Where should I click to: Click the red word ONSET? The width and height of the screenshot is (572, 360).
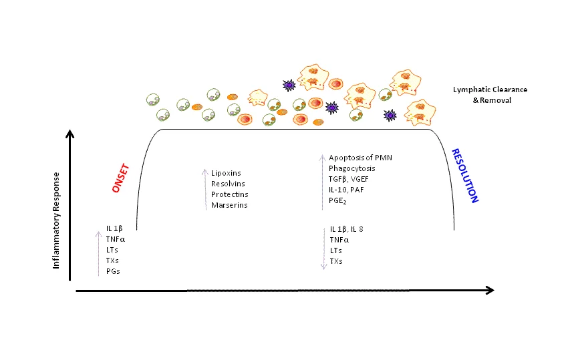coord(121,178)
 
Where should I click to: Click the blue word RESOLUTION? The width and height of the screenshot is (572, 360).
coord(465,176)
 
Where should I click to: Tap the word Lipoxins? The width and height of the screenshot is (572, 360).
coord(226,173)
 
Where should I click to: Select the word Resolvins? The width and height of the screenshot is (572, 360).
coord(228,184)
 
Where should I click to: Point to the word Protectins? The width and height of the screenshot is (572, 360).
coord(229,194)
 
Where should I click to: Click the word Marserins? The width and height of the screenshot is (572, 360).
coord(229,205)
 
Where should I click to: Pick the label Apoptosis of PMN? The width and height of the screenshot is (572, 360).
coord(360,158)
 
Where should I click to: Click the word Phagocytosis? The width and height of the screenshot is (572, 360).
coord(351,168)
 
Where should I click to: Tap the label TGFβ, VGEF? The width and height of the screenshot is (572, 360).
coord(348,179)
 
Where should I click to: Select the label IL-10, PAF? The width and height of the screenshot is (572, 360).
coord(346,190)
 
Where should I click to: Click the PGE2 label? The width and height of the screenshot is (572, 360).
coord(337,201)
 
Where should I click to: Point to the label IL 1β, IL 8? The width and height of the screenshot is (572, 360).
coord(347,229)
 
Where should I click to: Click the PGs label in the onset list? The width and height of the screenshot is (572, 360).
coord(113,271)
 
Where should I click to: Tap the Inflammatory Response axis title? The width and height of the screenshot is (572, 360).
coord(56,220)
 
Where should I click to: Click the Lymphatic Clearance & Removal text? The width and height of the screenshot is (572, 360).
coord(490,95)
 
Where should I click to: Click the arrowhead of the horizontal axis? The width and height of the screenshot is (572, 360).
coord(490,290)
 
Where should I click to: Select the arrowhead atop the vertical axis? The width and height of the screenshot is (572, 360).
coord(69,134)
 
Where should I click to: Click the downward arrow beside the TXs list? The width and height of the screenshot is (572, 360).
coord(324,248)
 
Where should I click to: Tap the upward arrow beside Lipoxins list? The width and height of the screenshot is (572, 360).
coord(205,190)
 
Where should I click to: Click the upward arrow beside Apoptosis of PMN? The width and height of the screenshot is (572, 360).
coord(322,182)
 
